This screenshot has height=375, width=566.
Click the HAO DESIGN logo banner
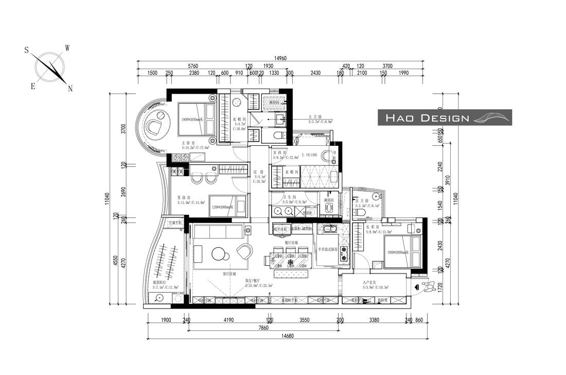(x=445, y=117)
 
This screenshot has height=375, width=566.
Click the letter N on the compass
(x=70, y=89)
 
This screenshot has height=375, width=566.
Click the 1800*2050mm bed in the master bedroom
(x=197, y=120)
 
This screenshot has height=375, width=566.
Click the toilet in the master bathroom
(x=278, y=136)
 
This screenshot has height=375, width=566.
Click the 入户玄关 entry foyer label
(x=369, y=282)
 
